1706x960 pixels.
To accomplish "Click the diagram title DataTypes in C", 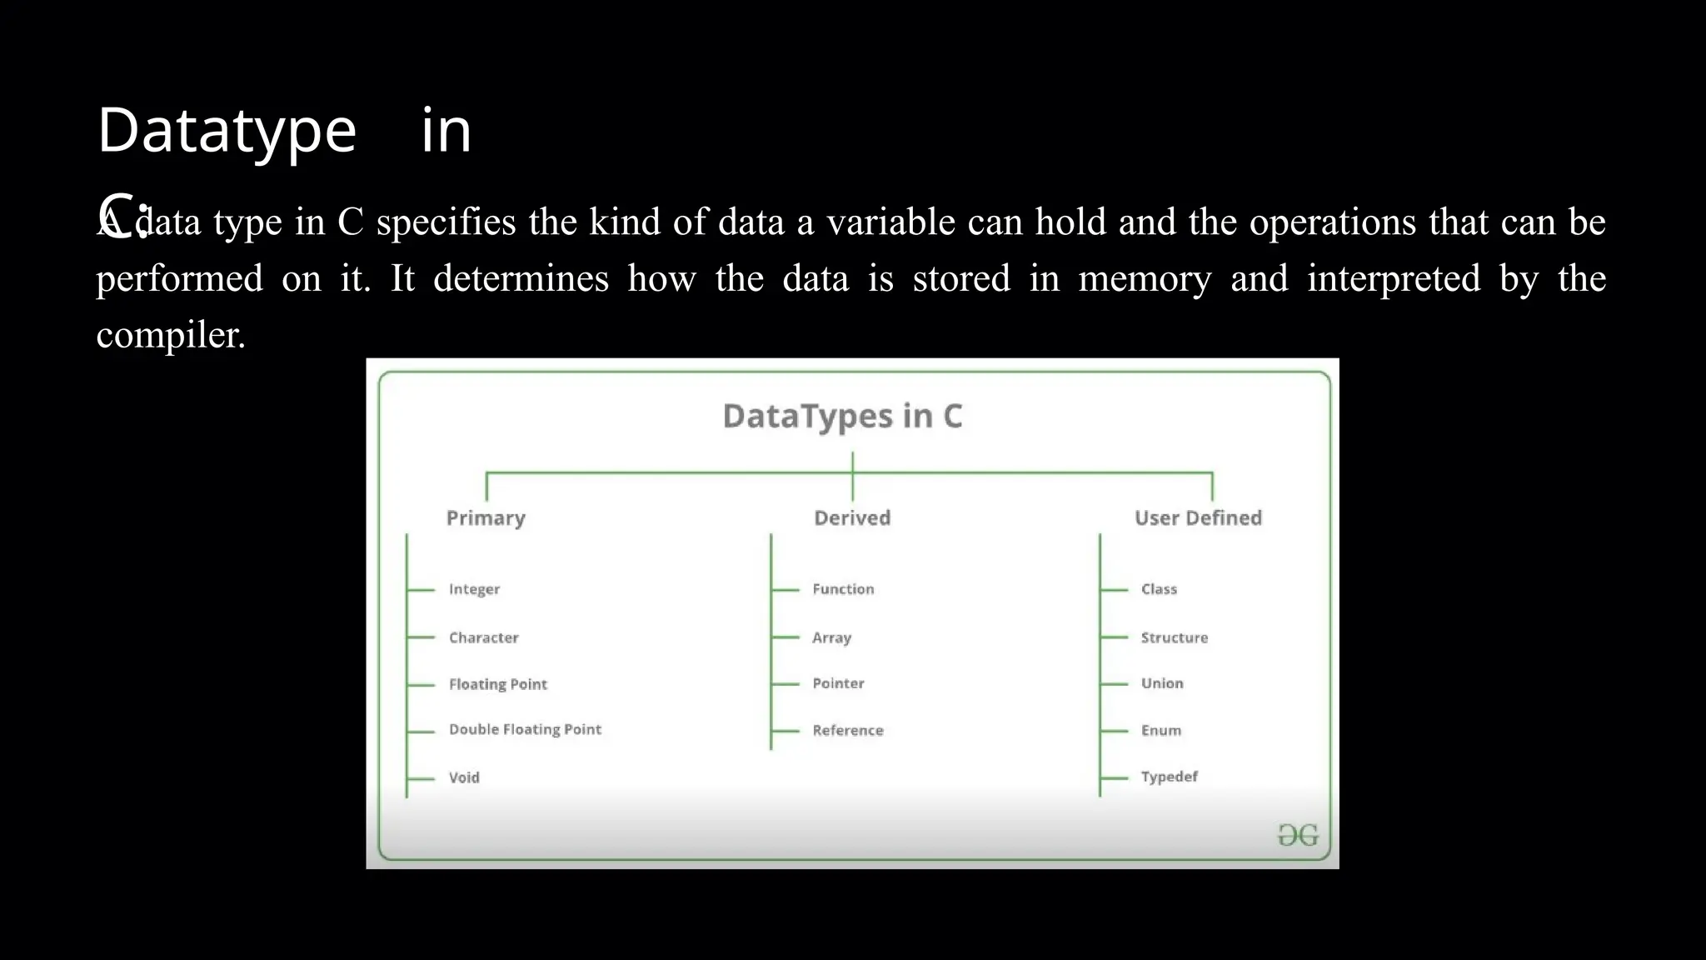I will (x=842, y=416).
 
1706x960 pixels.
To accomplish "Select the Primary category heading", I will (x=486, y=518).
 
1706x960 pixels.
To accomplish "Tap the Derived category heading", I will (x=852, y=518).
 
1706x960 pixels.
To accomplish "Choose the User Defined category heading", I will (x=1198, y=518).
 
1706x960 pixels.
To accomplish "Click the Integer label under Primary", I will (x=474, y=589).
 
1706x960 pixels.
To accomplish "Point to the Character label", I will (x=483, y=637).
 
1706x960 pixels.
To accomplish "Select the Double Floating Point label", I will (x=525, y=729).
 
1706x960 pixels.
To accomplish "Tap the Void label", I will (x=464, y=777).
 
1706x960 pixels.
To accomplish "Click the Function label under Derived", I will (x=843, y=589).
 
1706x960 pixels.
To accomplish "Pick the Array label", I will (x=831, y=637).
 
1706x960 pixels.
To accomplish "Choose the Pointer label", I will (x=838, y=683).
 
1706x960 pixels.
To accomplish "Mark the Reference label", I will (x=847, y=731).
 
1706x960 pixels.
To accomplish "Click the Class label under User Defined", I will (x=1159, y=589).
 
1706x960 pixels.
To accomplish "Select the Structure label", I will (x=1174, y=637).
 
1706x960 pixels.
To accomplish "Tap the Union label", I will (x=1162, y=683).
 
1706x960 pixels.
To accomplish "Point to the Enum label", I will (x=1160, y=731).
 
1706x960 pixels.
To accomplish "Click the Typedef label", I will (x=1169, y=777).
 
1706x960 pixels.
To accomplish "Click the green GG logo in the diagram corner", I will (x=1298, y=835).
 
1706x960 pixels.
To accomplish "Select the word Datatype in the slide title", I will (x=227, y=132).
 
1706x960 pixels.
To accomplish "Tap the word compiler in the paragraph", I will (x=171, y=335).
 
